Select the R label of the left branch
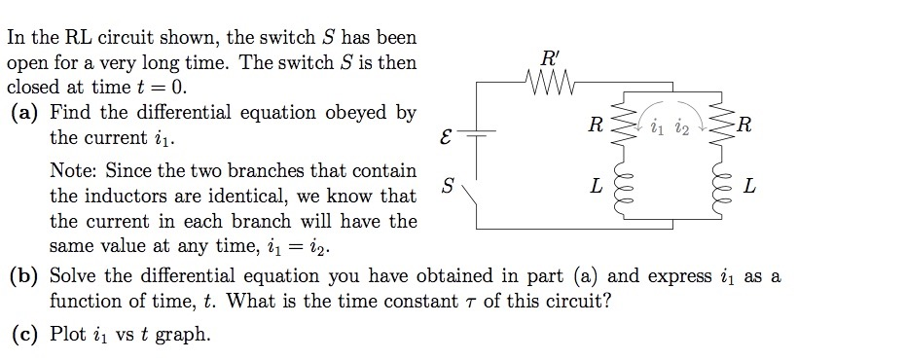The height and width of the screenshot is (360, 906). pyautogui.click(x=597, y=125)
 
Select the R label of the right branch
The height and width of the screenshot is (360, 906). pyautogui.click(x=744, y=125)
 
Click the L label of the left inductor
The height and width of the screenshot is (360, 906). pyautogui.click(x=597, y=185)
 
